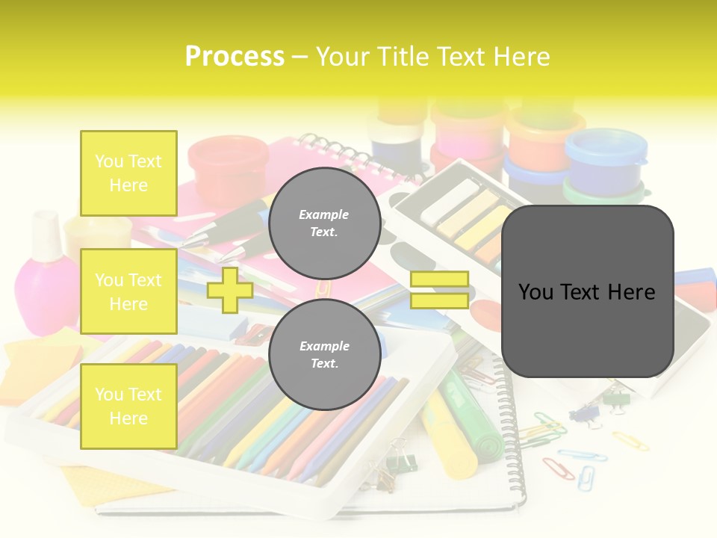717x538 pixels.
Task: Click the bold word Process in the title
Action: [x=235, y=56]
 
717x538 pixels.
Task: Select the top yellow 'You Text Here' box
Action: [x=128, y=173]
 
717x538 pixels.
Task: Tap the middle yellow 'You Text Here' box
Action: [x=128, y=291]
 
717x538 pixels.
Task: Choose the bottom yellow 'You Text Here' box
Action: [x=128, y=406]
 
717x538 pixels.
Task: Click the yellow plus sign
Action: [x=230, y=290]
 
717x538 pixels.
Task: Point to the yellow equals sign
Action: [x=439, y=290]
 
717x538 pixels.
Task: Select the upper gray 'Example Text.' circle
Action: [x=324, y=223]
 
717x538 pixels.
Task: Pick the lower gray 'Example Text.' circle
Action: [x=324, y=354]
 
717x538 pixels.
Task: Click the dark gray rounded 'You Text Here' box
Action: [x=587, y=291]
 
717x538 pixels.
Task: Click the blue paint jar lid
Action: [x=605, y=146]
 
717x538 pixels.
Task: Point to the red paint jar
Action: [x=217, y=161]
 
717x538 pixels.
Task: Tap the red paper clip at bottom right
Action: [x=559, y=469]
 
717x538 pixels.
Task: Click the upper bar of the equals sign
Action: [x=439, y=279]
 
